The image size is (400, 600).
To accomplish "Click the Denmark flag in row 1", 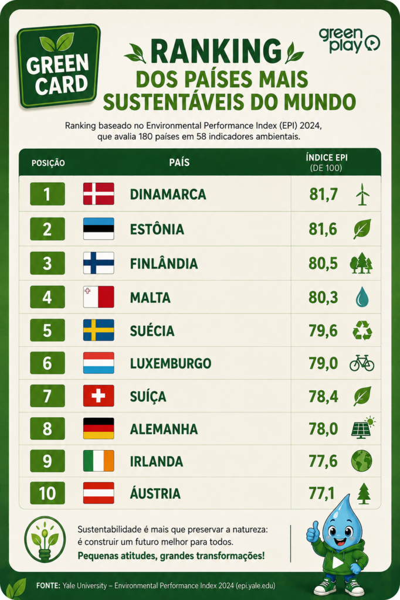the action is coord(99,193).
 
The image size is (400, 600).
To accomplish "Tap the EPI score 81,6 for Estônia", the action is coord(323,229).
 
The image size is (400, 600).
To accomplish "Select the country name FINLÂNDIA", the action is coord(164,264).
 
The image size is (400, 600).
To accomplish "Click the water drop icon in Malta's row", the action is coord(362,297).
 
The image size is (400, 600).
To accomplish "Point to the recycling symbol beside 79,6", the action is coord(362,330).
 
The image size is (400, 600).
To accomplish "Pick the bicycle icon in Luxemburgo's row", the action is coord(362,363).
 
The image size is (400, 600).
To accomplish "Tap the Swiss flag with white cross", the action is coord(99,396).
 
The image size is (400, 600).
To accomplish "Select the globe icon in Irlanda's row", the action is coord(362,461).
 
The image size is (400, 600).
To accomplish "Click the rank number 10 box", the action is coord(48,493).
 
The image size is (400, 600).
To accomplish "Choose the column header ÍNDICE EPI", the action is coord(327,158).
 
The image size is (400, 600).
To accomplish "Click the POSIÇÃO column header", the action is coord(48,163).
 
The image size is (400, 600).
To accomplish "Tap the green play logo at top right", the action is coord(349,40).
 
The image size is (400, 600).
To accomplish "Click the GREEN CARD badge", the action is coord(58,66).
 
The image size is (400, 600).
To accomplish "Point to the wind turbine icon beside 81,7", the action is coord(362,194).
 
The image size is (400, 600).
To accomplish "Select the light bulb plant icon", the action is coord(45,540).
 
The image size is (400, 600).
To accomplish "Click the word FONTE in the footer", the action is coord(48,585).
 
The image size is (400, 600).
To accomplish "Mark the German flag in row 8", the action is coord(99,428).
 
